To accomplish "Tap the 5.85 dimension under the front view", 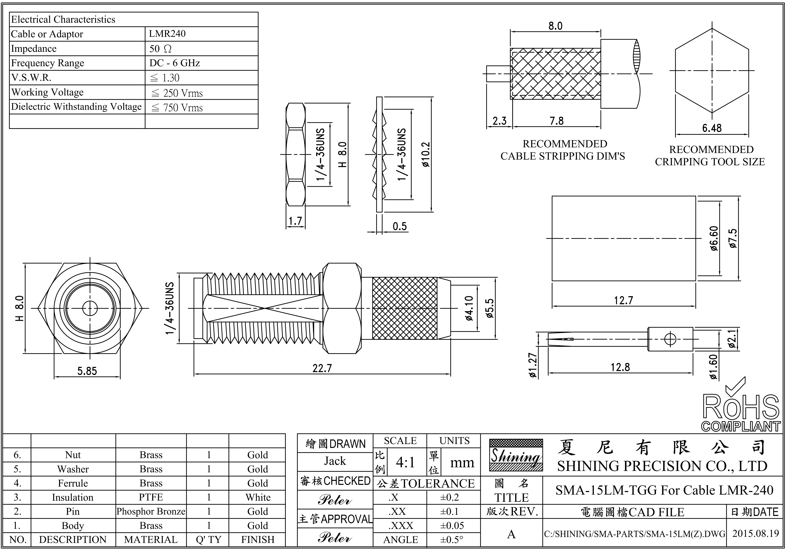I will (87, 371).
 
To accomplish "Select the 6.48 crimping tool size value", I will (712, 128).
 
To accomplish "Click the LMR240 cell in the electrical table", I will (167, 34).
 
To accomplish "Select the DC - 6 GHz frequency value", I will (175, 63).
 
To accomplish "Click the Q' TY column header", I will (208, 539).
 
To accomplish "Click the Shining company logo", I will (516, 455).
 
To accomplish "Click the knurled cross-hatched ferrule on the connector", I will (404, 308).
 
